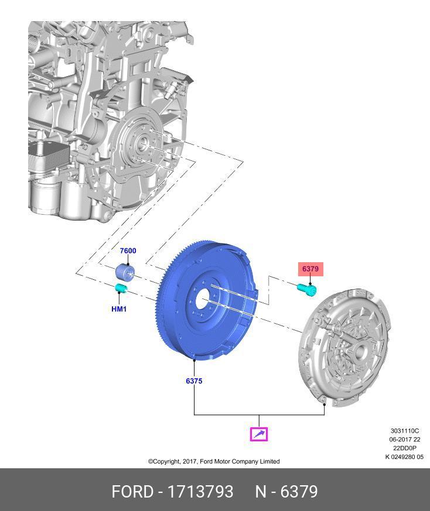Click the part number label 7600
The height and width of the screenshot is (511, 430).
coord(128,251)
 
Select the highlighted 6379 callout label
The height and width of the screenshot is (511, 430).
coord(310,269)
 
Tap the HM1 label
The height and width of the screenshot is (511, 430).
coord(119,309)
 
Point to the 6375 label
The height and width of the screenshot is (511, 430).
coord(194,381)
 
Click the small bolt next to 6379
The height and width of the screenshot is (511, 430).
coord(306,289)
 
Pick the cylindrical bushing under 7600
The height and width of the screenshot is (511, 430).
coord(124,272)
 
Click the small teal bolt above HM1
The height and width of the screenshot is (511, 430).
coord(121,288)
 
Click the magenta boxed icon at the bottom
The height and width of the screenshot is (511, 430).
coord(259,434)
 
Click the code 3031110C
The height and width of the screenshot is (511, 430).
coord(405,430)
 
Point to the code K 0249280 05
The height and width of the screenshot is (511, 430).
coord(404,457)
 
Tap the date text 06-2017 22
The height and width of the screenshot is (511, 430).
coord(405,440)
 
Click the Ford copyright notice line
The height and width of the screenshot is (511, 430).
coord(214,461)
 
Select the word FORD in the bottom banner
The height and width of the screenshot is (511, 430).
coord(132,491)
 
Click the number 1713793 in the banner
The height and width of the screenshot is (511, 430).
coord(200,491)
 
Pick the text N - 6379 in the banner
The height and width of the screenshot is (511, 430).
coord(286,491)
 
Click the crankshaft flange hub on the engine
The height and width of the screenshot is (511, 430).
coord(142,143)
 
